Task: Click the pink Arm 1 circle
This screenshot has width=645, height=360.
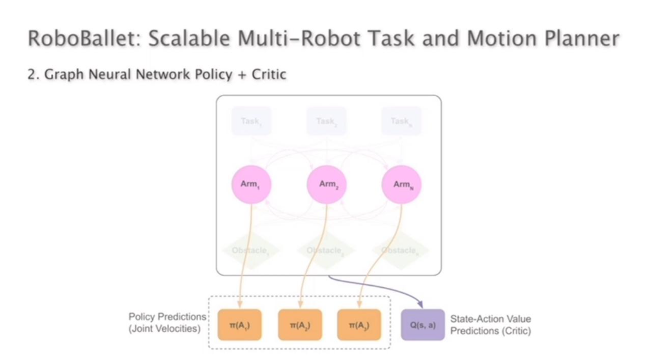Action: pos(252,185)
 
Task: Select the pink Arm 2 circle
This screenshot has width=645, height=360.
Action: pos(328,185)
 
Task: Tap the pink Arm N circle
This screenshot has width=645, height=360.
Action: pos(402,185)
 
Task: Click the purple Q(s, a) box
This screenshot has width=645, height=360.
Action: pos(423,325)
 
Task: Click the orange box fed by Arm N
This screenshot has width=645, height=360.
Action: pos(359,325)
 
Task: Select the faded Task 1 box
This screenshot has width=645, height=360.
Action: pos(252,121)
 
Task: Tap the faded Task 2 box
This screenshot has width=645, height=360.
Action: pos(326,121)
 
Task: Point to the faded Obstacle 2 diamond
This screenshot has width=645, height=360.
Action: pos(325,250)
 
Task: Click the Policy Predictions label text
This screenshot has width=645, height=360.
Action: pos(167,317)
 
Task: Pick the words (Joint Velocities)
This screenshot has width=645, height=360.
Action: pos(167,329)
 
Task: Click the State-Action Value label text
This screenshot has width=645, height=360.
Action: pos(490,319)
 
